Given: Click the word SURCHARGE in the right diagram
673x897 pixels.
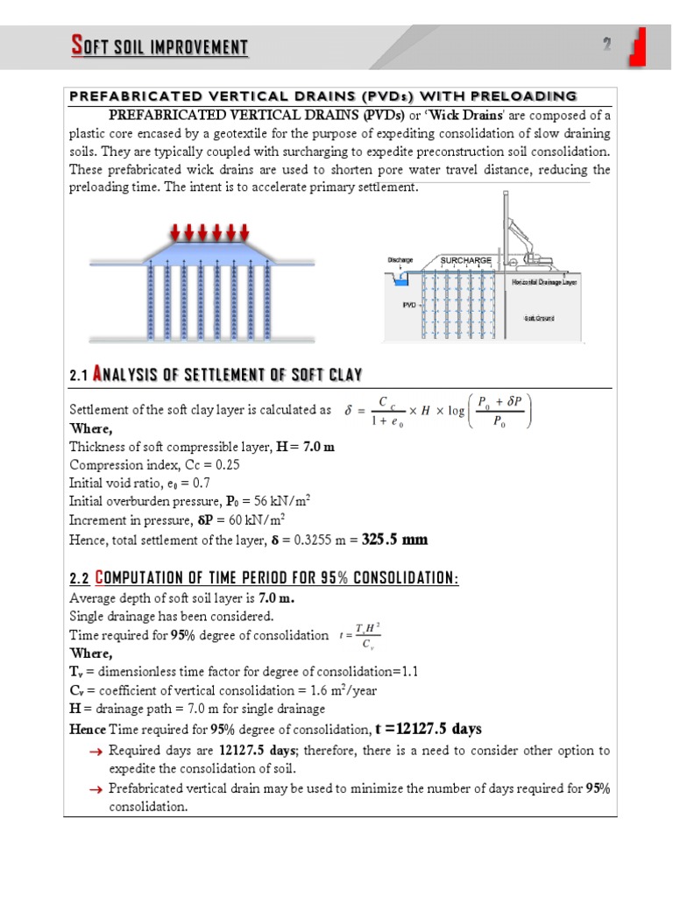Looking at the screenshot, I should click(x=465, y=261).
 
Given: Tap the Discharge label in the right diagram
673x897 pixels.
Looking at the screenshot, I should click(x=400, y=260).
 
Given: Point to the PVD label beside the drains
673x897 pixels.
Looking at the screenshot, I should click(x=408, y=305).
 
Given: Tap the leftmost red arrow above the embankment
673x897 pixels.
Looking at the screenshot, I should click(x=176, y=232).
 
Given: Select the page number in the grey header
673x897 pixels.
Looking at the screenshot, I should click(x=606, y=45).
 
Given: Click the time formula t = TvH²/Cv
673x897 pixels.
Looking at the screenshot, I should click(x=359, y=635).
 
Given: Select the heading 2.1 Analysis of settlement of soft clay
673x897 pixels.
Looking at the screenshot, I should click(x=215, y=375).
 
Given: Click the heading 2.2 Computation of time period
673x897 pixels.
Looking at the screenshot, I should click(x=263, y=580).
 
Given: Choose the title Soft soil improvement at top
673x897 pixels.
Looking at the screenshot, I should click(x=159, y=46).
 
